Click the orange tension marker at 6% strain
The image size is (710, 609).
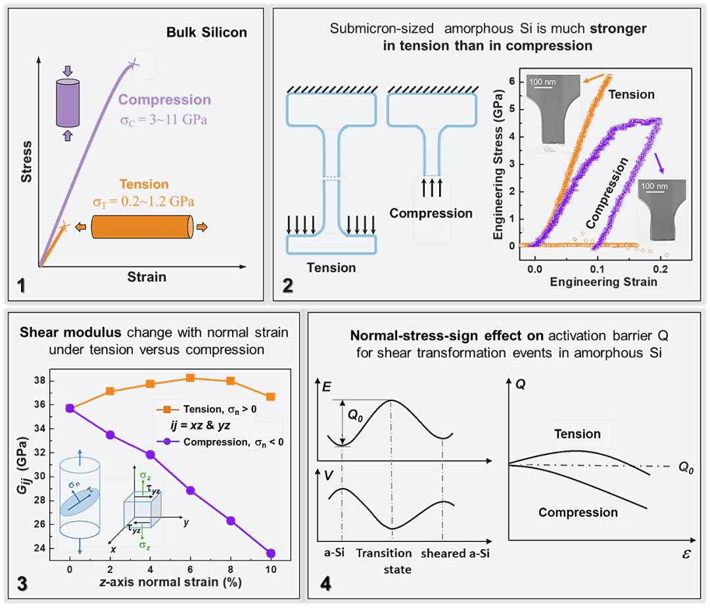coord(190,378)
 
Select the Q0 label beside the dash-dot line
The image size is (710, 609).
coord(687,466)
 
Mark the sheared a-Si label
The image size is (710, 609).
coord(455,554)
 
